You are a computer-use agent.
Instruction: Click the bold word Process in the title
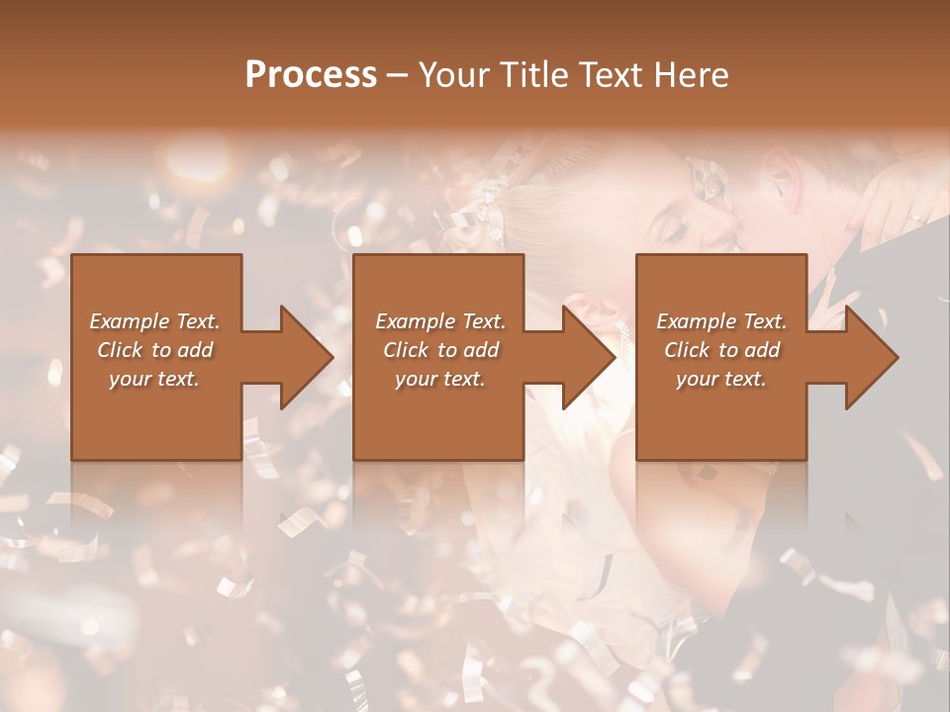point(311,75)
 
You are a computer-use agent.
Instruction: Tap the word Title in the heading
point(525,75)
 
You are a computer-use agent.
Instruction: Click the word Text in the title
point(610,75)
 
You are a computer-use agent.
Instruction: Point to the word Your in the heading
point(453,75)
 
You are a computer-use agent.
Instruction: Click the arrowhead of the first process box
point(306,357)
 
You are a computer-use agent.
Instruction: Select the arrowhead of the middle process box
point(588,357)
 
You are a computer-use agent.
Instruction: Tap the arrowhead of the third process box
point(871,357)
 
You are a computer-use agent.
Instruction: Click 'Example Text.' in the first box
point(154,321)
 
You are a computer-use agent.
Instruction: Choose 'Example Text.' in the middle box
point(440,321)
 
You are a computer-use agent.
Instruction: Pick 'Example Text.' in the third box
point(721,321)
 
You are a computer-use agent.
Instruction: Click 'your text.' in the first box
point(154,379)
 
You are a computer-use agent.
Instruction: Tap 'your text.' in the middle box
point(440,379)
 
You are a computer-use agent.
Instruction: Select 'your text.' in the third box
point(721,379)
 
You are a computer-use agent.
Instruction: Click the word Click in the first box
point(121,350)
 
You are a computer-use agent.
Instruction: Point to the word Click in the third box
point(688,350)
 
